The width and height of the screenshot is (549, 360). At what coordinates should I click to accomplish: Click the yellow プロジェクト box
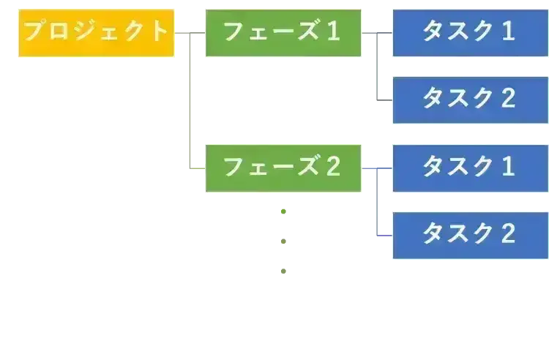point(96,32)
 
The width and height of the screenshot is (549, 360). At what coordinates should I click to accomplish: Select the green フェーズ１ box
point(283,32)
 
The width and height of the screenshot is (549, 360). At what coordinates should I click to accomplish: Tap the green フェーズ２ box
point(283,168)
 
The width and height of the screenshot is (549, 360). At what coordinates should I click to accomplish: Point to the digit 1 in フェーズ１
point(333,32)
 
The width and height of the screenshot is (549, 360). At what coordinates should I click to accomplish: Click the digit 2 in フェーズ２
point(333,168)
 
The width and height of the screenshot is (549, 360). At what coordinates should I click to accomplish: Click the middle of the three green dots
point(281,241)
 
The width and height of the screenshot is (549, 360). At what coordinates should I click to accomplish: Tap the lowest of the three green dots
point(281,270)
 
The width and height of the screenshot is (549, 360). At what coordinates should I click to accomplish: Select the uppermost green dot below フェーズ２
point(281,211)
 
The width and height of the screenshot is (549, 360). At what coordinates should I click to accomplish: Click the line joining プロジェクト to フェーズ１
point(190,32)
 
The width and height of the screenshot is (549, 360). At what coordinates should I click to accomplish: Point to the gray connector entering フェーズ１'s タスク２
point(384,103)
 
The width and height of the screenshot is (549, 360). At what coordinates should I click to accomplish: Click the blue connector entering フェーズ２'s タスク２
point(384,236)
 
